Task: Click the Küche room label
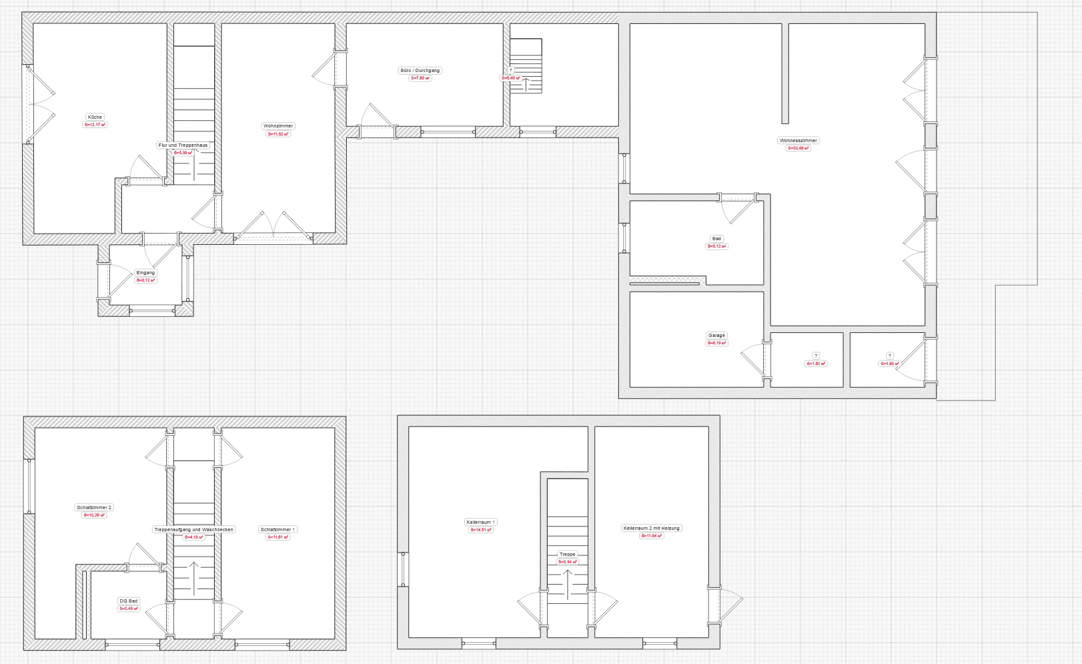point(95,117)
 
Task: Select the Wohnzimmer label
point(278,125)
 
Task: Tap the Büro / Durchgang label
point(420,70)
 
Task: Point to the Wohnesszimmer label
point(798,140)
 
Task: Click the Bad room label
point(716,238)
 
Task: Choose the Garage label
point(716,335)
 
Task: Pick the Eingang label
point(145,272)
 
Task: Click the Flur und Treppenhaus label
point(183,145)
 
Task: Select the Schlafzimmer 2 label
point(94,507)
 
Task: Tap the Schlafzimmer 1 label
point(278,529)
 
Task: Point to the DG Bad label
point(128,601)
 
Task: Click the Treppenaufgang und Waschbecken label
point(193,529)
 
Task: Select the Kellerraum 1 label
point(480,522)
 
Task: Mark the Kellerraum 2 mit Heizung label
point(651,528)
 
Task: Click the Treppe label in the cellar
point(567,554)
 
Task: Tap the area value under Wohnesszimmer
point(798,148)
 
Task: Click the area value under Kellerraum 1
point(480,530)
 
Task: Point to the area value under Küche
point(95,125)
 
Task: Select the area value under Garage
point(716,343)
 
